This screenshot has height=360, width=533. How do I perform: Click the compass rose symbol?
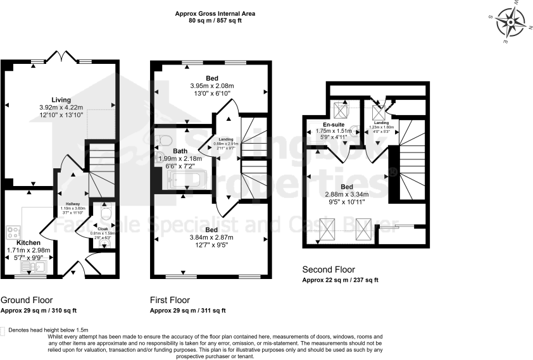click(x=511, y=23)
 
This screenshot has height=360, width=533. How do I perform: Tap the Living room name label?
click(x=61, y=100)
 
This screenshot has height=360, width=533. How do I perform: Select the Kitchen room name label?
click(x=28, y=242)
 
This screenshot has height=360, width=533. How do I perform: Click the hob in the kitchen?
click(x=12, y=232)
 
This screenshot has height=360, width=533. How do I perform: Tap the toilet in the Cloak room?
click(x=106, y=216)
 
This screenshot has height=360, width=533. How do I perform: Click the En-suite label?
click(x=334, y=125)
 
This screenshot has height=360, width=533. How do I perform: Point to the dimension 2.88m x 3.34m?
click(x=346, y=195)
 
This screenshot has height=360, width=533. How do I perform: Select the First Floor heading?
click(x=170, y=300)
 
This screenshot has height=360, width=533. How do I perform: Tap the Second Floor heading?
click(x=329, y=270)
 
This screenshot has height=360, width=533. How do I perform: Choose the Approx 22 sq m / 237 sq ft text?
click(x=340, y=280)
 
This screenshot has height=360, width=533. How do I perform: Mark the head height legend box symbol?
click(x=3, y=330)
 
